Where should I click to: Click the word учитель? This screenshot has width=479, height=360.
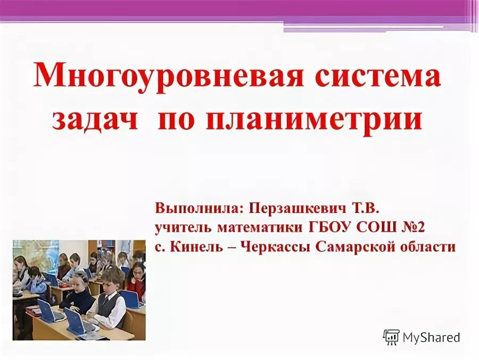181,227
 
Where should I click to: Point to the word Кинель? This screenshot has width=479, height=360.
199,247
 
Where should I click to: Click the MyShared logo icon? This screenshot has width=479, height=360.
391,337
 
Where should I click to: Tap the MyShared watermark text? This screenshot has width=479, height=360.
431,337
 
